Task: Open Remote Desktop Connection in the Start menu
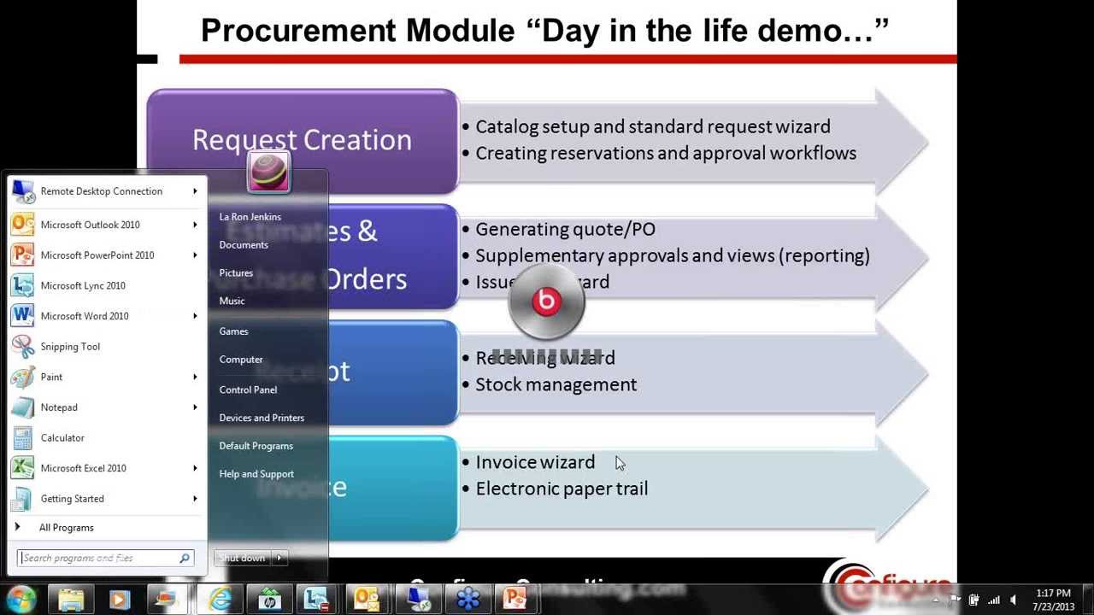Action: (101, 191)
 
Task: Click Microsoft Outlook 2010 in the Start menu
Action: (90, 225)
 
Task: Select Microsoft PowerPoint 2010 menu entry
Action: (97, 255)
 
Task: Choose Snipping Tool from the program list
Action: (70, 347)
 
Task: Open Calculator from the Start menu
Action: (62, 438)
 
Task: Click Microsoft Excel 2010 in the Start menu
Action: (83, 468)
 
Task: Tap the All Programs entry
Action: (66, 528)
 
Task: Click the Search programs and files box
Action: (99, 559)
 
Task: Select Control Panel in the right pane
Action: (248, 389)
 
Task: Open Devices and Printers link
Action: (262, 418)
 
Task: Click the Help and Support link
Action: (256, 474)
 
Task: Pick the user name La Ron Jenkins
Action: (250, 217)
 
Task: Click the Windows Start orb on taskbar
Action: (21, 599)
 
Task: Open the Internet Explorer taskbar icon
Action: (221, 599)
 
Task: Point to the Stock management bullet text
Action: (556, 384)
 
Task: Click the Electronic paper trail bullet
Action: (562, 489)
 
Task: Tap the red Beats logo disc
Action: (546, 302)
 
